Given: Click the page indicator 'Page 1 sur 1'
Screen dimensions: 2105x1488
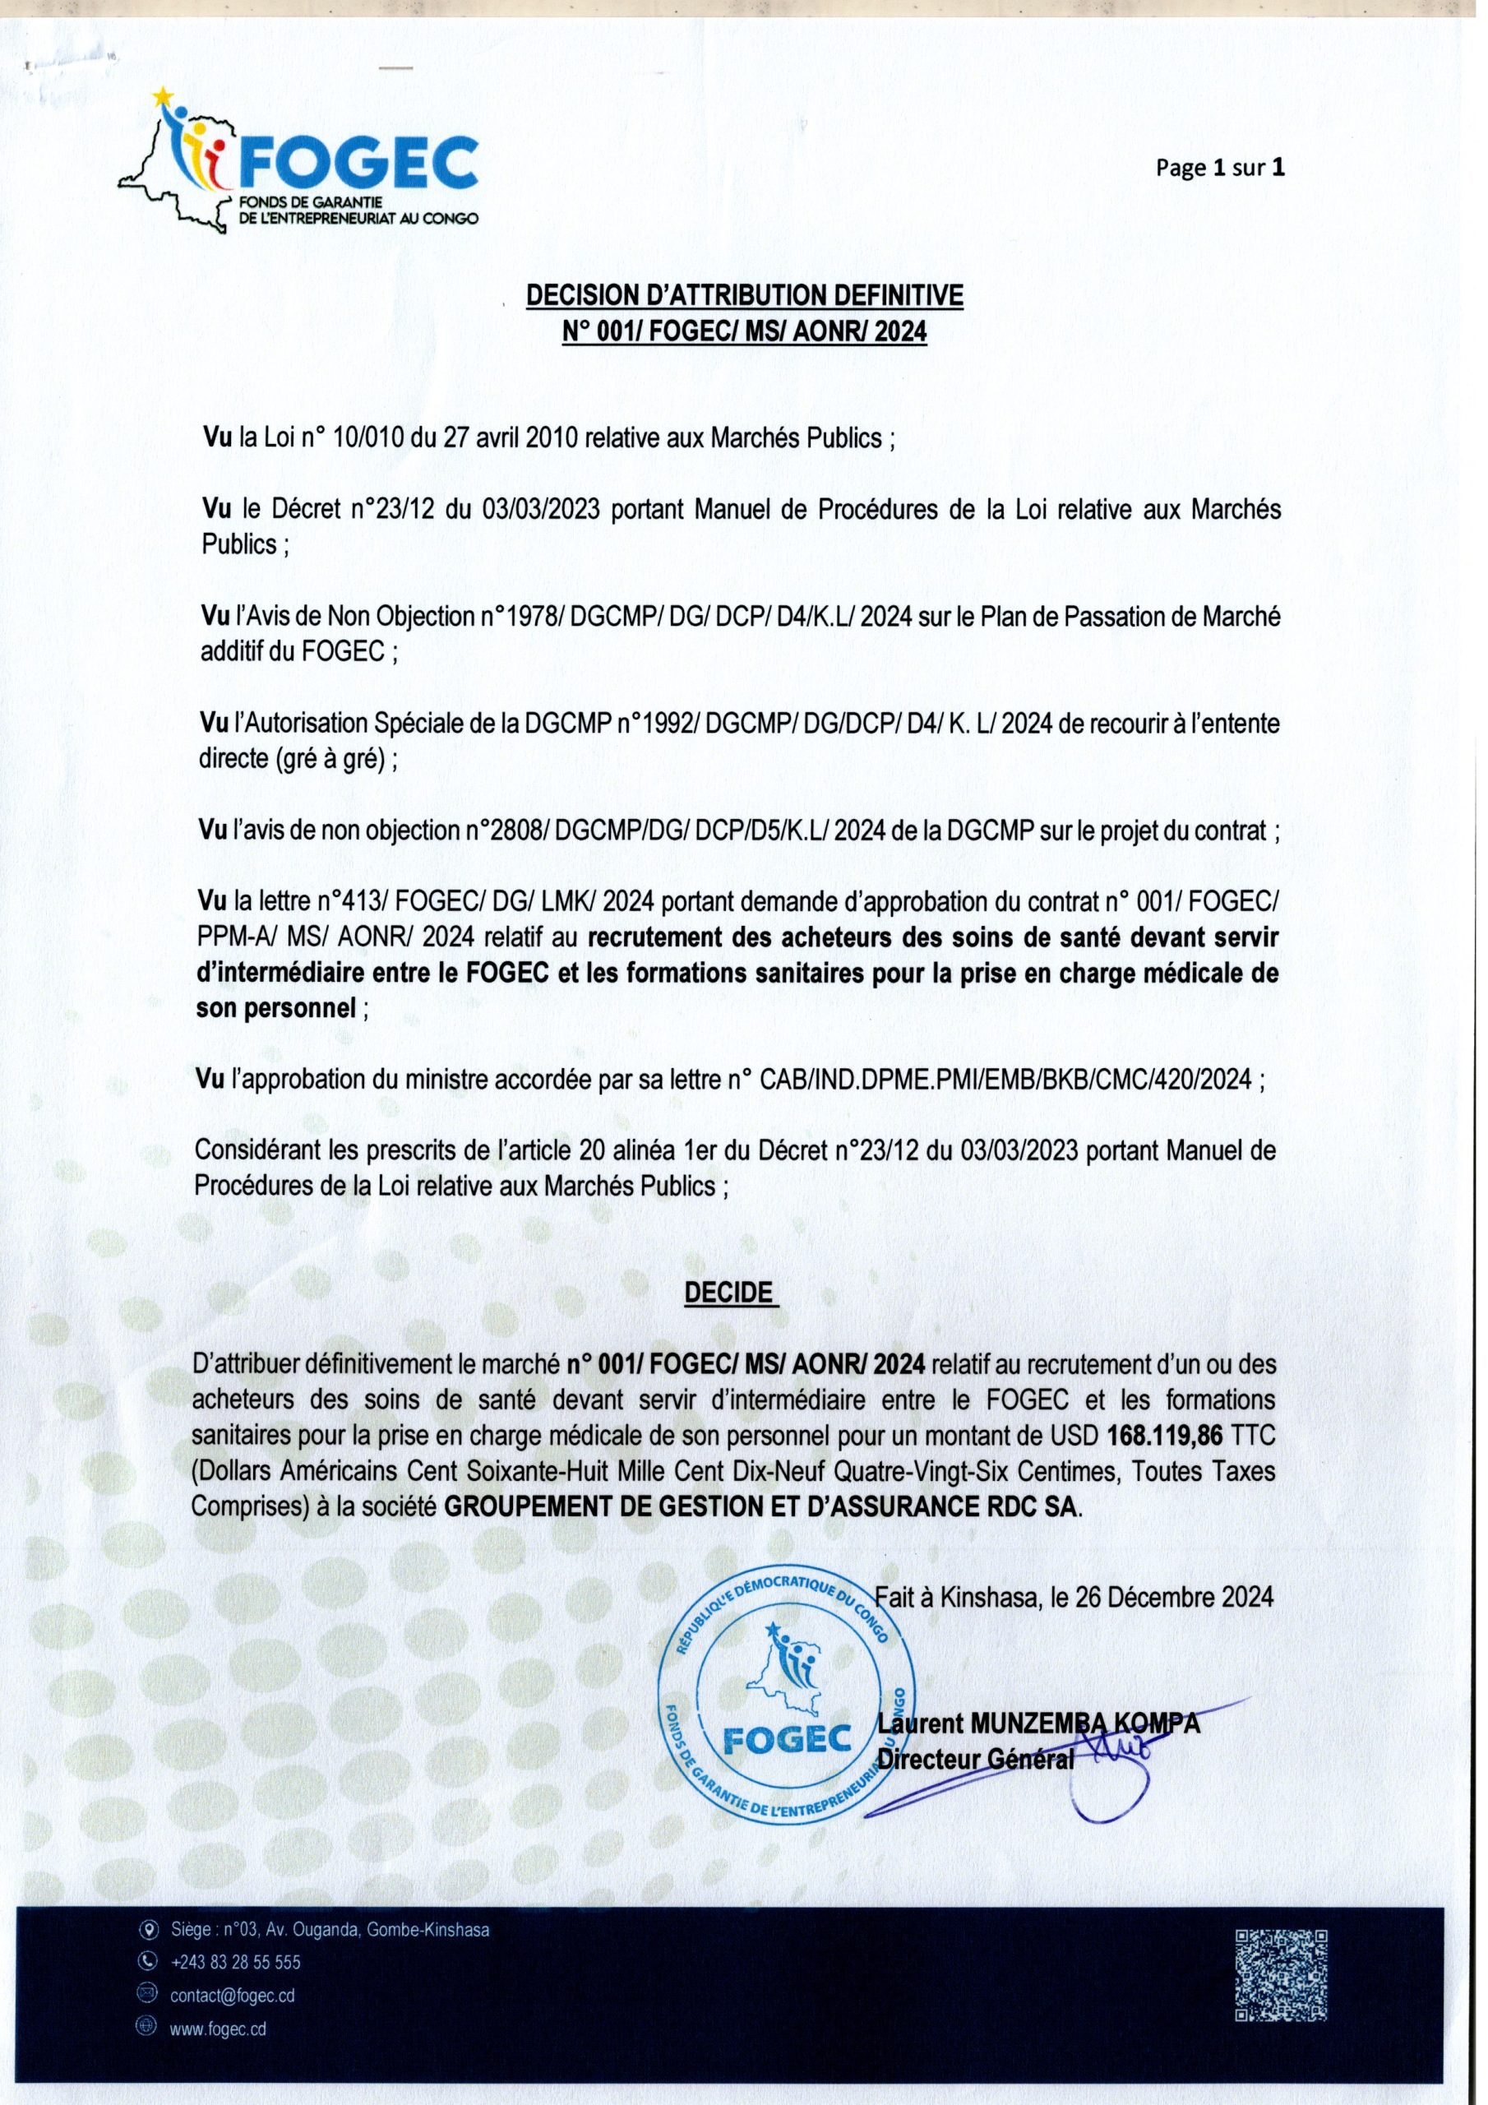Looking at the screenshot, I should coord(1219,168).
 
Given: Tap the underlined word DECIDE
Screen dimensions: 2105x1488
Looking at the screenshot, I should coord(730,1292).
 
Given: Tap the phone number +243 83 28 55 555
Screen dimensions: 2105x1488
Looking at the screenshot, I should coord(236,1963).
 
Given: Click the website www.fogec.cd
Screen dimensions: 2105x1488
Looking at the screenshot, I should coord(218,2028).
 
